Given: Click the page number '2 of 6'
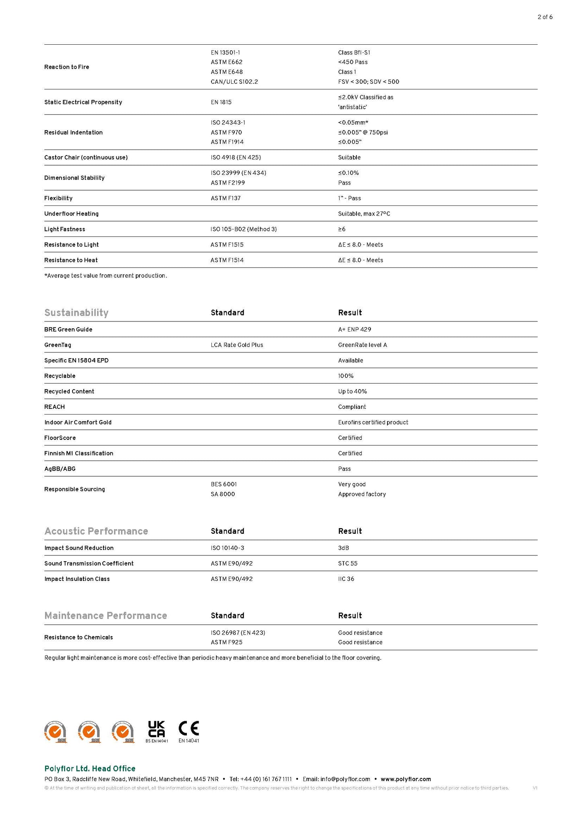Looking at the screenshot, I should tap(545, 17).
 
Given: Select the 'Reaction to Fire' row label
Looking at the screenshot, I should tap(67, 67).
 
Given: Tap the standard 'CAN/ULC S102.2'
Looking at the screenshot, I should tap(234, 82).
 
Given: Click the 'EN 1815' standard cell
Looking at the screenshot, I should tap(221, 102).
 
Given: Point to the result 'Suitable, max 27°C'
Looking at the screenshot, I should tap(364, 214).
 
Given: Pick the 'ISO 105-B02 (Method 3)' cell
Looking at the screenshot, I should tap(244, 229).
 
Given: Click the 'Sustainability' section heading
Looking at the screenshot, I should tap(76, 313).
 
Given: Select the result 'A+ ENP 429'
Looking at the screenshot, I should tap(354, 330).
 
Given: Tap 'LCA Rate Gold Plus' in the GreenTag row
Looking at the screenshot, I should tap(237, 345).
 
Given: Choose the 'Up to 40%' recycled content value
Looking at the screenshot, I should tap(352, 392).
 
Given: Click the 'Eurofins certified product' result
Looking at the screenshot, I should tap(373, 423).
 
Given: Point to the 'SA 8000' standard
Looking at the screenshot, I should tap(223, 494).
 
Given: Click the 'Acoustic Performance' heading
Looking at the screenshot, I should tap(96, 531).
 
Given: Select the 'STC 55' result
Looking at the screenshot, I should tap(348, 564).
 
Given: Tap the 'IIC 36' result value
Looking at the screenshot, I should tap(346, 579).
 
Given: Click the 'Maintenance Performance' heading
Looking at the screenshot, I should tap(106, 616).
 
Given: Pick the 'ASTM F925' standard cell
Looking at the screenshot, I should tap(226, 643).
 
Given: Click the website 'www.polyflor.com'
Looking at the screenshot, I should tap(406, 779).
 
